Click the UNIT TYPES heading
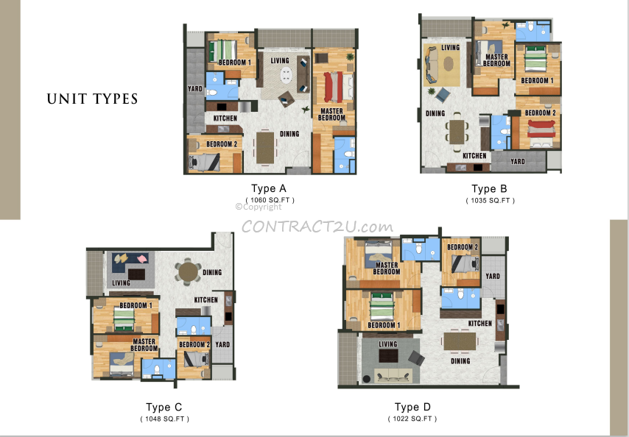[92, 99]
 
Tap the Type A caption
[269, 188]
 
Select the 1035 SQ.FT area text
[491, 200]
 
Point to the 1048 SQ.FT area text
[164, 419]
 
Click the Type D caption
[412, 407]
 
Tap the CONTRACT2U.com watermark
[317, 227]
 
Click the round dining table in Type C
[188, 272]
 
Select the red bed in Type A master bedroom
[334, 87]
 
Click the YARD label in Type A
[195, 88]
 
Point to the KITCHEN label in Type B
[474, 156]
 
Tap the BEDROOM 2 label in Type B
[541, 113]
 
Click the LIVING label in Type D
[388, 344]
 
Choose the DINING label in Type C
[212, 272]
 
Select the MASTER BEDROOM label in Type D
[387, 269]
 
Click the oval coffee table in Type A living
[286, 75]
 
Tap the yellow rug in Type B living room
[441, 65]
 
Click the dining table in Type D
[460, 341]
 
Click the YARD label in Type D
[493, 276]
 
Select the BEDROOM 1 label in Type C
[136, 305]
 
